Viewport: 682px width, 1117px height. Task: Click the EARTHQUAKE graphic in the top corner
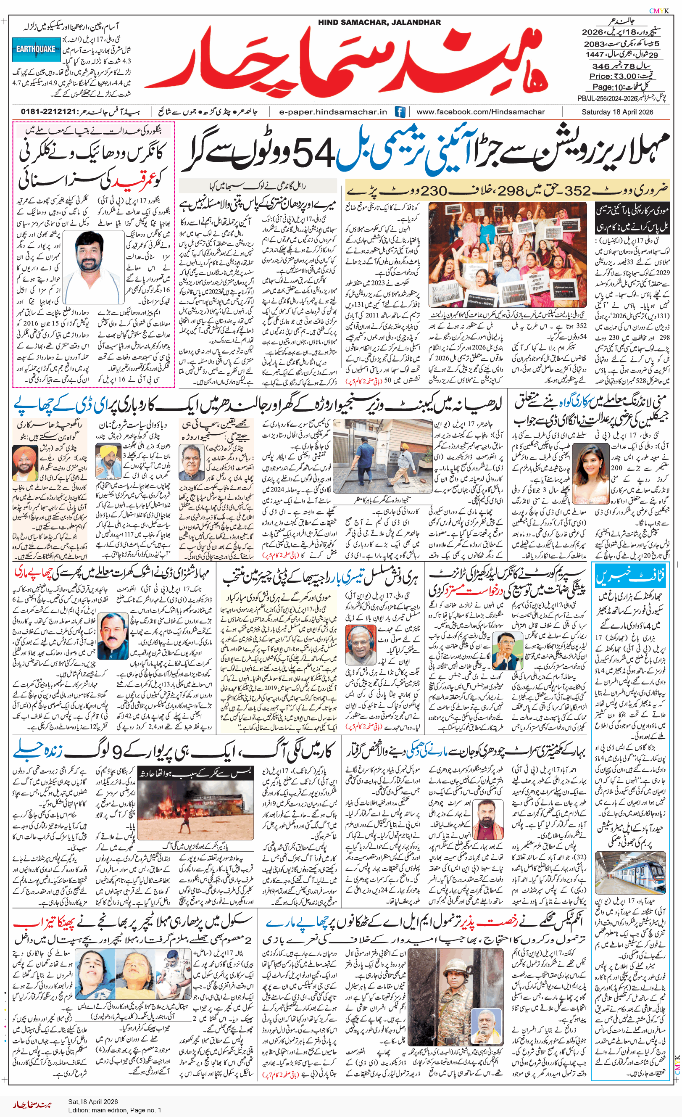coord(36,50)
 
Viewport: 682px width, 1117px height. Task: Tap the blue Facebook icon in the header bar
coord(400,112)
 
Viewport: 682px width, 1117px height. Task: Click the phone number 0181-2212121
coord(48,112)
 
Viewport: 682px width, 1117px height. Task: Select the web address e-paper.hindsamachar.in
coord(333,112)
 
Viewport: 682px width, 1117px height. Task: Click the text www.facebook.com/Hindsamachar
coord(480,112)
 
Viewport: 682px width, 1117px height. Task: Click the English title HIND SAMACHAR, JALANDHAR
coord(379,22)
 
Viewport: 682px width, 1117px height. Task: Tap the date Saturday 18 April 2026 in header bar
coord(617,112)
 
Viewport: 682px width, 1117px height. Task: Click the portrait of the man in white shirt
coord(94,267)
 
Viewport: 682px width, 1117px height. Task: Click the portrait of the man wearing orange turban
coord(25,462)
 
